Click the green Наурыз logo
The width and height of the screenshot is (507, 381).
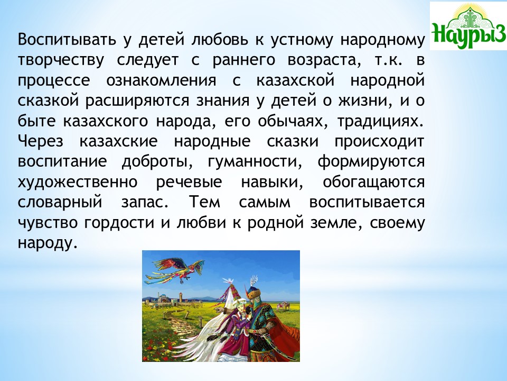(468, 26)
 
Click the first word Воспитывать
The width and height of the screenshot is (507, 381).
(67, 40)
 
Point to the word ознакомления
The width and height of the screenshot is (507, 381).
(162, 81)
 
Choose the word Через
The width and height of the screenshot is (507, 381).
(41, 142)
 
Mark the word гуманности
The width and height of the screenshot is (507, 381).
(255, 162)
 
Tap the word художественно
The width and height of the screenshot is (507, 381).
(78, 182)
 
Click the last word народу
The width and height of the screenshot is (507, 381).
(48, 243)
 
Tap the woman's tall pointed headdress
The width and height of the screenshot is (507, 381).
(231, 288)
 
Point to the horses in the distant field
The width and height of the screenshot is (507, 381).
(283, 305)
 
